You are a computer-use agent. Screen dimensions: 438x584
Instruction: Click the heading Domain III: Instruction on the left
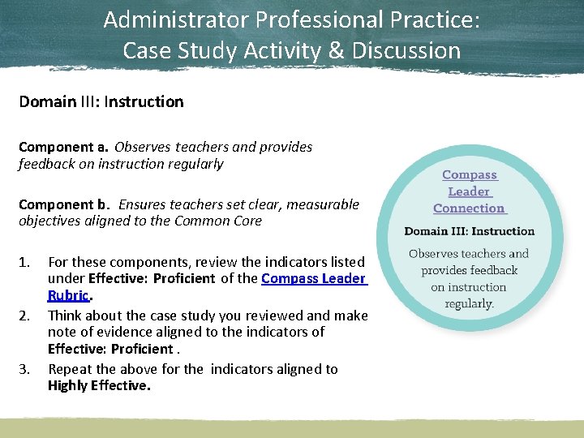coord(101,101)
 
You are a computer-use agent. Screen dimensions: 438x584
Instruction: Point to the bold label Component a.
coord(63,147)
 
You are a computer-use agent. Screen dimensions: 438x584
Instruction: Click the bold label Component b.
coord(63,204)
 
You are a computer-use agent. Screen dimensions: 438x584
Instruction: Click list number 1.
coord(24,262)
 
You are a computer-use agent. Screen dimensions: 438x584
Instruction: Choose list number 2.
coord(24,316)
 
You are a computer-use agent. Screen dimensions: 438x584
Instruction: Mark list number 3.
coord(24,369)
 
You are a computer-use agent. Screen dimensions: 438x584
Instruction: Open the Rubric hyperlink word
coord(68,295)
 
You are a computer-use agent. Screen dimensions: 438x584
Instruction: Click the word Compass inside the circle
coord(469,174)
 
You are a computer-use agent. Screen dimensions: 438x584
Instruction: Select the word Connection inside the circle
coord(469,208)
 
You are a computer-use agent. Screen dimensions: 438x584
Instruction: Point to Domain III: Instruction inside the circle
coord(470,231)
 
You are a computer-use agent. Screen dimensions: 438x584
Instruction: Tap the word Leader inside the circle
coord(469,191)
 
